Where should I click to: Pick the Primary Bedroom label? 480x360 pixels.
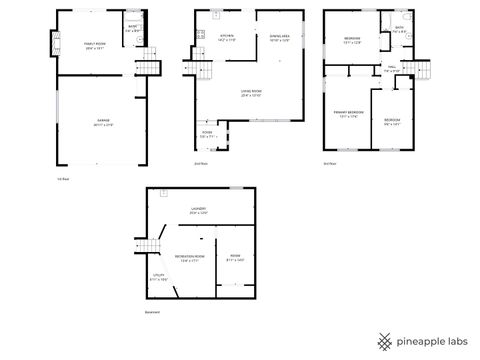(346, 115)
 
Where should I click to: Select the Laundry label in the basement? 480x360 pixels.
(199, 211)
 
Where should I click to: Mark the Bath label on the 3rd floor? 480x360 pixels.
(399, 30)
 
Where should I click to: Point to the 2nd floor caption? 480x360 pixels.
(201, 163)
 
